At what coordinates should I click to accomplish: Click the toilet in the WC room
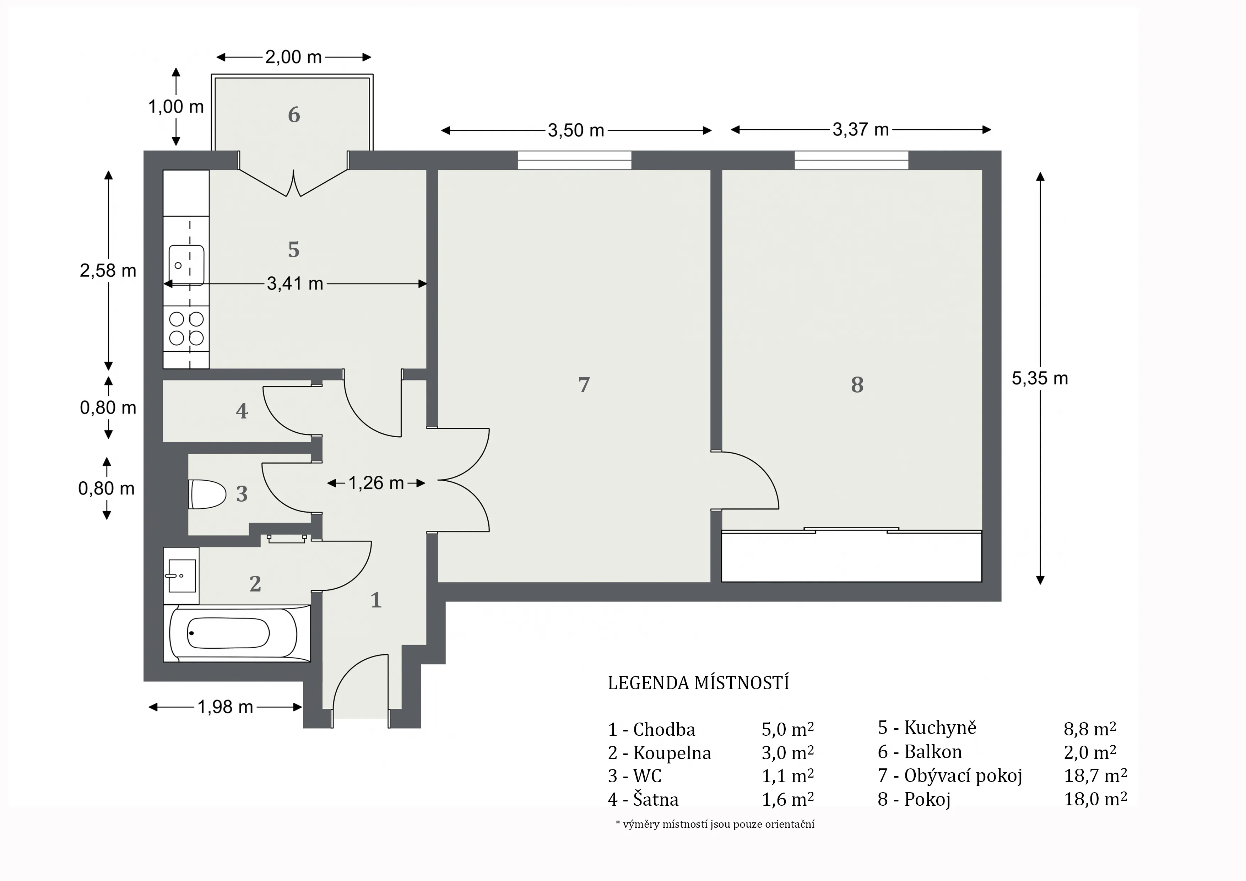tap(207, 494)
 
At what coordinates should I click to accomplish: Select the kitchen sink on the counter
tap(186, 265)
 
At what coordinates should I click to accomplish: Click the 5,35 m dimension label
tap(1040, 378)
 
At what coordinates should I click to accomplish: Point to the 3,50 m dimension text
tap(576, 130)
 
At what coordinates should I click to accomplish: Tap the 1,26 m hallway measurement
tap(375, 482)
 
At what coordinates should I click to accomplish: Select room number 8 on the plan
tap(857, 385)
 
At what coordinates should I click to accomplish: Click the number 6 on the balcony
tap(294, 114)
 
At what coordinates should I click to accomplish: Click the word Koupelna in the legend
tap(672, 753)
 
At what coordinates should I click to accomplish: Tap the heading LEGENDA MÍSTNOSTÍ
tap(698, 683)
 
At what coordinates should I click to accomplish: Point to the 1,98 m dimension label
tap(225, 707)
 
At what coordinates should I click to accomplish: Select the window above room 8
tap(851, 160)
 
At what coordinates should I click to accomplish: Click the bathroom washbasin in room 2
tap(181, 575)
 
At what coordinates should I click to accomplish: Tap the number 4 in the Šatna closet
tap(242, 411)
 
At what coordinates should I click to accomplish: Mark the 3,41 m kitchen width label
tap(295, 283)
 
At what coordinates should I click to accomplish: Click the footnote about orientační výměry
tap(715, 824)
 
